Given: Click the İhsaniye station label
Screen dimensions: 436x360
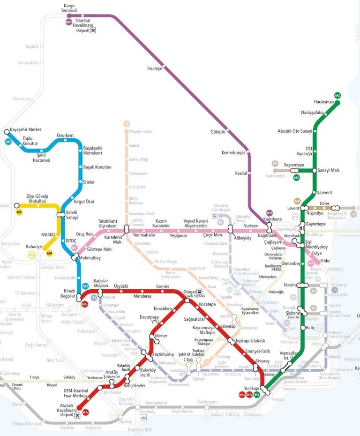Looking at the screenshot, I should tap(154, 68).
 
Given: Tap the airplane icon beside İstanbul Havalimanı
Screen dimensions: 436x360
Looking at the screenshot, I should tap(93, 30).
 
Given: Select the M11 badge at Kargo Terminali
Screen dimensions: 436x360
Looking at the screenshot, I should tap(69, 22).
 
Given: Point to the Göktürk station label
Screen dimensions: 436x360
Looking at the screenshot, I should tap(218, 132).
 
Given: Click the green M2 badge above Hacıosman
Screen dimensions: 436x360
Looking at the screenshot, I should tap(337, 96).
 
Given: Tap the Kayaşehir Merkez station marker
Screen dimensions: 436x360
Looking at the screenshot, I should tap(7, 132).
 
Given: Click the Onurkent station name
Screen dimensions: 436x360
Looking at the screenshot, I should tap(65, 135).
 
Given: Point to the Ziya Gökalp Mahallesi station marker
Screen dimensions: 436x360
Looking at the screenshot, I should tap(17, 205).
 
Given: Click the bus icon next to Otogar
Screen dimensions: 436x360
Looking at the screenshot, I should tap(199, 292).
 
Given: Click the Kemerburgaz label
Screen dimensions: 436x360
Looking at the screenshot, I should tap(233, 153).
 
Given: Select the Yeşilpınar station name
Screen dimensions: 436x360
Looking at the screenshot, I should tap(178, 235).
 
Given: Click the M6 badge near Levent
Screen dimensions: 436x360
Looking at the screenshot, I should tap(297, 201).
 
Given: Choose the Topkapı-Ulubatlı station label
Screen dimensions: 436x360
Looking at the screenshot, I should tap(250, 341).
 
